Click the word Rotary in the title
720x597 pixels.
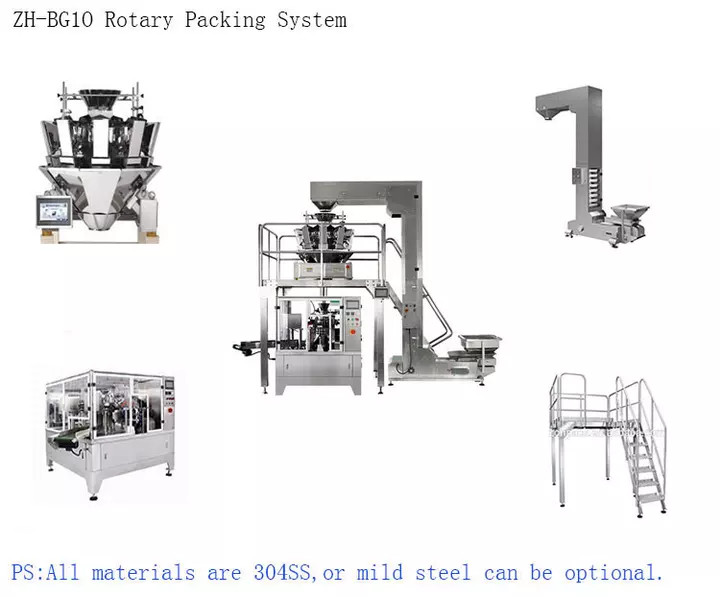pos(139,20)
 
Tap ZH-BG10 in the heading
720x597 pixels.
pos(53,20)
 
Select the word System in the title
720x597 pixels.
pos(312,20)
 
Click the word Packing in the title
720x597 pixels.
pos(225,20)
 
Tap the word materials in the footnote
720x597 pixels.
pos(143,573)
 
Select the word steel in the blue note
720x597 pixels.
pos(443,573)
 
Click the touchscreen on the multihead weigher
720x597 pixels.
pos(54,212)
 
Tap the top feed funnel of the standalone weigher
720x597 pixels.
pos(100,97)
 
